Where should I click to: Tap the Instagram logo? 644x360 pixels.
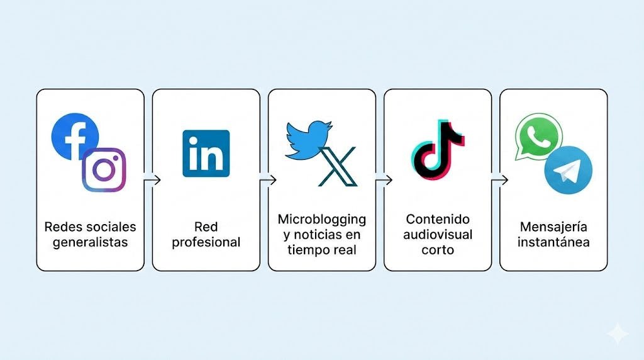[x=104, y=169]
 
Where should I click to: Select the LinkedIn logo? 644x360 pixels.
[x=206, y=153]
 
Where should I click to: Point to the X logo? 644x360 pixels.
[x=338, y=166]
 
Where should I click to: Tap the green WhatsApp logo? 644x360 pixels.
[x=538, y=137]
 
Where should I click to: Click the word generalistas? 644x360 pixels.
[x=91, y=242]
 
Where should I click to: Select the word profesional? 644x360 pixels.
[x=206, y=242]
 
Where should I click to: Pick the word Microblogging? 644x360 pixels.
[x=322, y=220]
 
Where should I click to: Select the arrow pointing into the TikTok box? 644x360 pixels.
[x=383, y=180]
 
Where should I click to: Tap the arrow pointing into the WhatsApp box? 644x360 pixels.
[x=499, y=180]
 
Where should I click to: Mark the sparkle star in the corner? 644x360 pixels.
[x=618, y=334]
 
